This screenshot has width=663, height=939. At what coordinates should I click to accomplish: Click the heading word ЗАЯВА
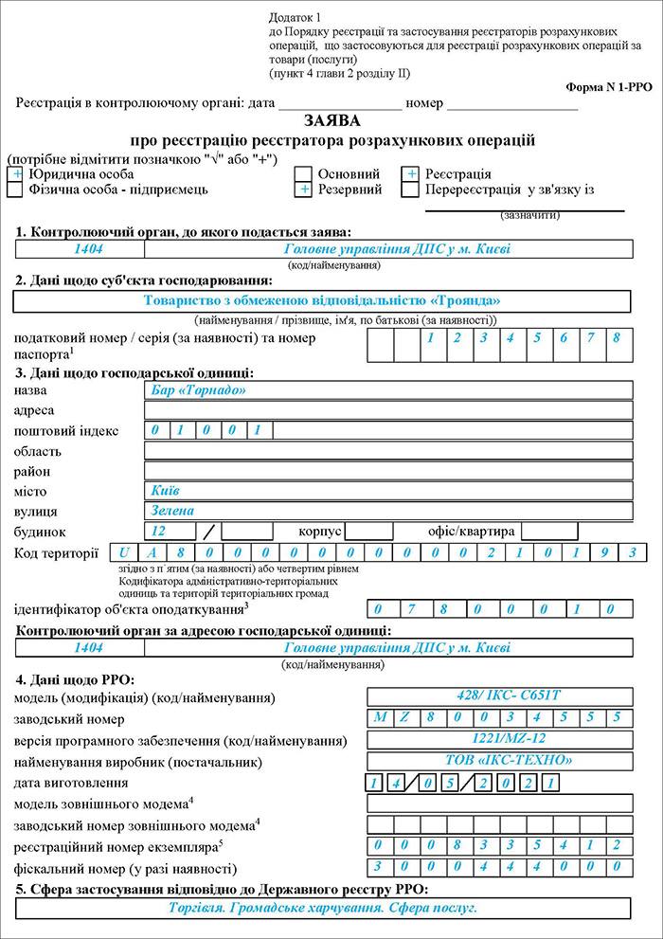(x=332, y=121)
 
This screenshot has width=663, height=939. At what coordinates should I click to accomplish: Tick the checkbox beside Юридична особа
(x=15, y=174)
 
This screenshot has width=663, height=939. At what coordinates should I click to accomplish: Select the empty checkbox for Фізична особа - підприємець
(x=15, y=190)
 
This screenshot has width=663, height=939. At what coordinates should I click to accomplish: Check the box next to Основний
(x=303, y=174)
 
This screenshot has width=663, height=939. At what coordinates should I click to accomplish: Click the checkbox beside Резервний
(x=303, y=190)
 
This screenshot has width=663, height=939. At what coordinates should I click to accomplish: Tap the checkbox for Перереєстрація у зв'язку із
(x=410, y=190)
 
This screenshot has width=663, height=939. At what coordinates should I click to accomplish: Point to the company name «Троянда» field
(x=322, y=300)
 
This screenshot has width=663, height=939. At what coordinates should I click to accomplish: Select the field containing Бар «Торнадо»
(x=388, y=390)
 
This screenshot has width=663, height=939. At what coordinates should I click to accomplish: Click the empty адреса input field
(x=388, y=410)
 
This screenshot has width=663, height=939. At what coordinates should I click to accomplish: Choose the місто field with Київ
(x=388, y=491)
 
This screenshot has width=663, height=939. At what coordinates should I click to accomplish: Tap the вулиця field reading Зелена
(x=388, y=511)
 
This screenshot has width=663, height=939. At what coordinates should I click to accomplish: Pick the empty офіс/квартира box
(x=549, y=531)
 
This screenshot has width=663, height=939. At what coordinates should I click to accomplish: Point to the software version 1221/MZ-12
(x=499, y=740)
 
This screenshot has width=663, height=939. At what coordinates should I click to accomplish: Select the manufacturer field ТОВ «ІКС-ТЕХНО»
(x=499, y=761)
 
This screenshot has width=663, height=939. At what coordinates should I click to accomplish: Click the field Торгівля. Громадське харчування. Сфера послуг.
(x=322, y=908)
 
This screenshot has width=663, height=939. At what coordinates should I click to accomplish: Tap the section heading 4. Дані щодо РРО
(x=75, y=678)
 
